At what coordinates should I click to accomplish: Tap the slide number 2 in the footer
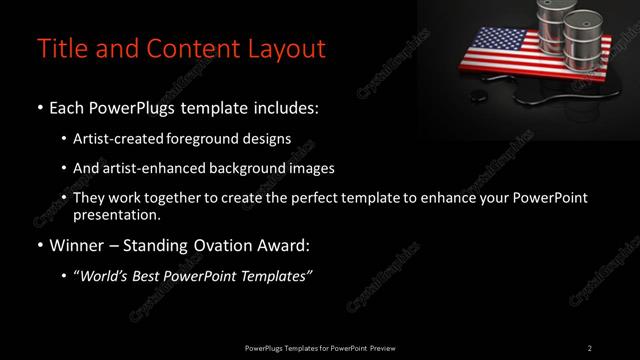pos(589,347)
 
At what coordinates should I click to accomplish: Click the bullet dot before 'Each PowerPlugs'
pos(39,106)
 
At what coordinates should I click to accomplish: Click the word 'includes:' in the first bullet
pos(289,106)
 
